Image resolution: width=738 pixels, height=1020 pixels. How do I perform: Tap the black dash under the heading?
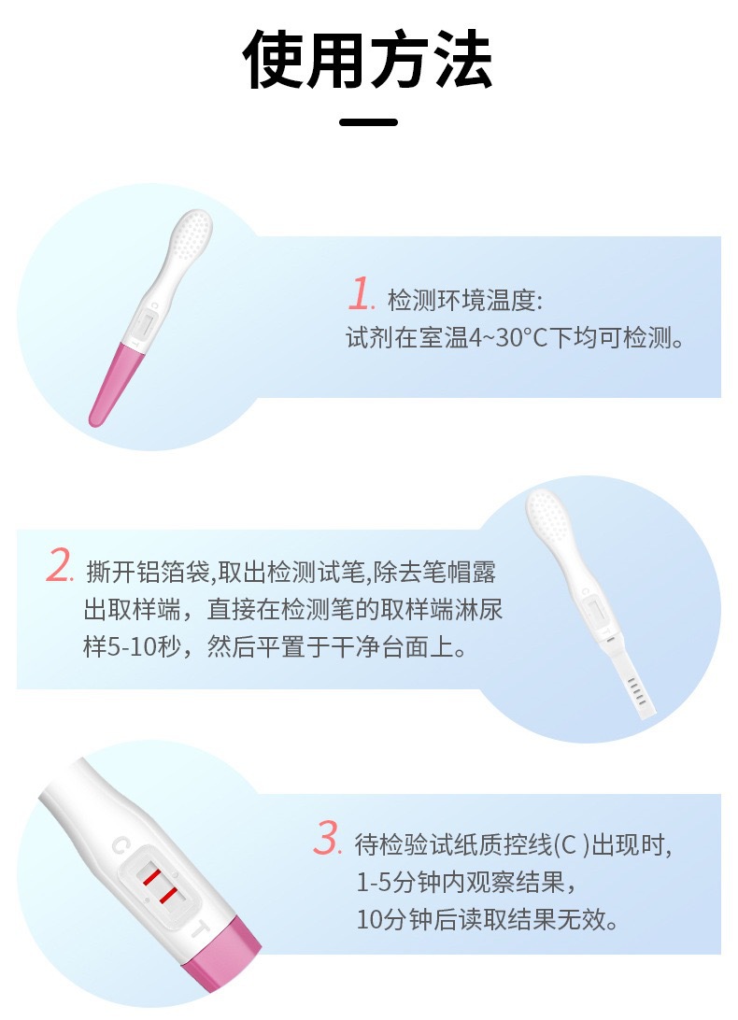pyautogui.click(x=368, y=121)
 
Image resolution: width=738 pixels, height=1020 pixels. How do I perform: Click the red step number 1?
pyautogui.click(x=360, y=294)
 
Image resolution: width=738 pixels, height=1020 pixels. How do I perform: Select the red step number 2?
pyautogui.click(x=60, y=566)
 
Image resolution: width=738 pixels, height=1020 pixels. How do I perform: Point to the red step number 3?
pyautogui.click(x=326, y=839)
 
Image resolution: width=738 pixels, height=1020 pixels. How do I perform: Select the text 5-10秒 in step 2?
pyautogui.click(x=127, y=647)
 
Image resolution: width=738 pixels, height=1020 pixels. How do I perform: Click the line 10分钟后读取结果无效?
pyautogui.click(x=487, y=919)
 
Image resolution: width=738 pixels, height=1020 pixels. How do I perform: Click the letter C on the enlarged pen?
pyautogui.click(x=120, y=846)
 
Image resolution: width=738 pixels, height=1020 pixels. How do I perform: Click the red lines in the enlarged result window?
pyautogui.click(x=158, y=886)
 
